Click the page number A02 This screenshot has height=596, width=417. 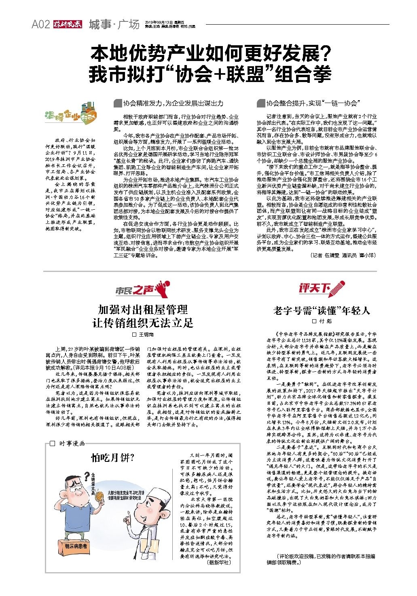coord(40,25)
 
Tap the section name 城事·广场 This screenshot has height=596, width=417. coord(114,25)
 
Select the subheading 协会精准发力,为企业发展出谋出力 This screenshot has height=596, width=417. coord(173,103)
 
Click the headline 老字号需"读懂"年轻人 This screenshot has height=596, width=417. coord(322,311)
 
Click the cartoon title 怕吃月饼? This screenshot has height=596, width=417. coord(113,457)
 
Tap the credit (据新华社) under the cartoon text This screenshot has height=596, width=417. coord(218,562)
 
